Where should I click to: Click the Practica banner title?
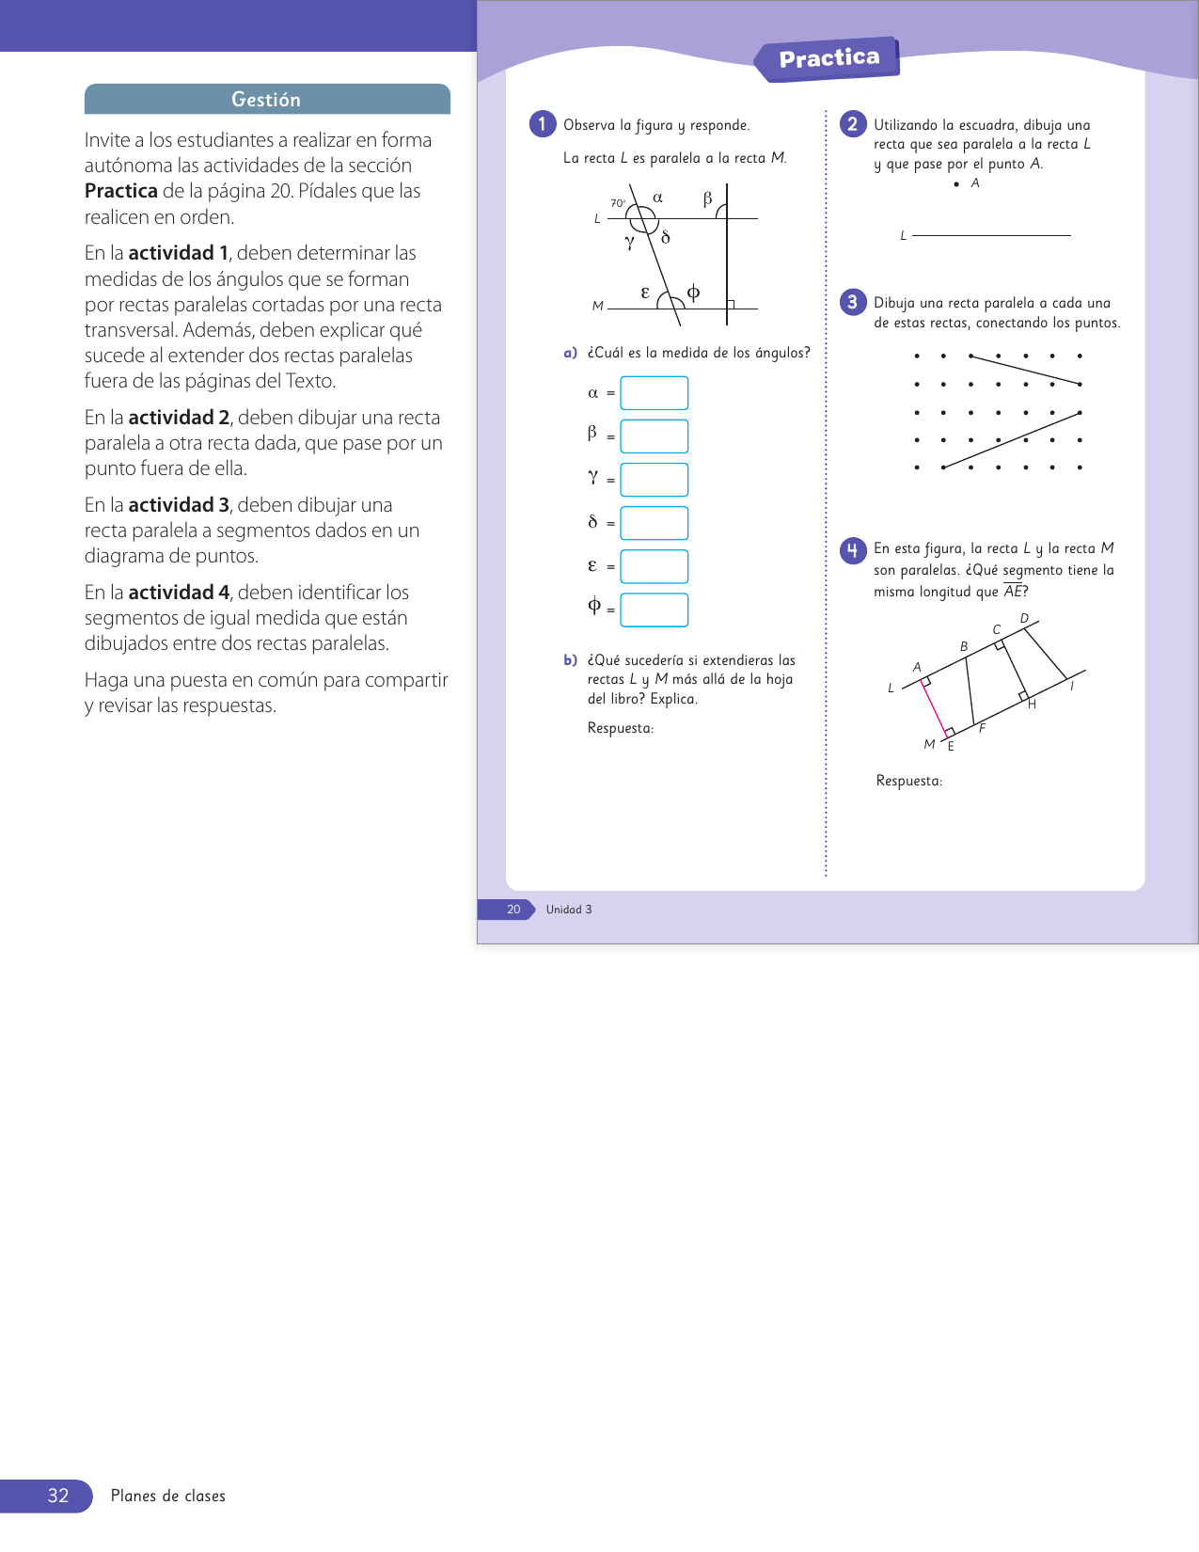828,58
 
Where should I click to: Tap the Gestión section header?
266,100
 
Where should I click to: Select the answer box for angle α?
654,393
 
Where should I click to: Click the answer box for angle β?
654,436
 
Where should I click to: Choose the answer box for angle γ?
654,480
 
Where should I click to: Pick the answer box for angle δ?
654,523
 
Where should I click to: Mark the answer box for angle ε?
654,566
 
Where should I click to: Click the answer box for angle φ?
654,610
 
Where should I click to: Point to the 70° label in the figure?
618,203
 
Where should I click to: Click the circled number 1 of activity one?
543,124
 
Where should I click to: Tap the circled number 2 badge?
853,124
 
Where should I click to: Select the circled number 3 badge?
853,302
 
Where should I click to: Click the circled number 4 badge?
853,549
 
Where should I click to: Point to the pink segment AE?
936,705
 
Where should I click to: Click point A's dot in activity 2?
956,184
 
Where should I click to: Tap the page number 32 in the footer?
58,1496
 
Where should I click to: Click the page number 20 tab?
513,910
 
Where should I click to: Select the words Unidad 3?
569,910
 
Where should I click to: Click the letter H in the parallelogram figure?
1032,705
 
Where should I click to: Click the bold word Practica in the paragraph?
121,191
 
